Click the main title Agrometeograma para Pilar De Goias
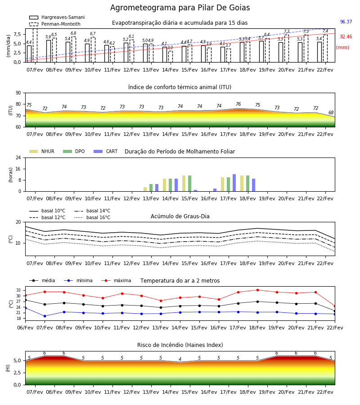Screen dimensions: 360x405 point(180,8)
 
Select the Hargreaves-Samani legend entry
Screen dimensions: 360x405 point(57,17)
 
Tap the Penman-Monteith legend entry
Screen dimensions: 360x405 point(55,24)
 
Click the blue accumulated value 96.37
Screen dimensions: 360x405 point(346,22)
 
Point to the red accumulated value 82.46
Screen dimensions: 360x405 point(346,37)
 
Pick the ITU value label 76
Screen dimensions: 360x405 point(238,104)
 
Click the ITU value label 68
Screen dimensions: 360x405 point(331,112)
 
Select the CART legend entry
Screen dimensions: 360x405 point(106,151)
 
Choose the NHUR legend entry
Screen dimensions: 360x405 point(42,151)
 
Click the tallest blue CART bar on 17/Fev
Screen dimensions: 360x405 point(234,183)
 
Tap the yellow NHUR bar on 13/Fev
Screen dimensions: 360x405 point(145,189)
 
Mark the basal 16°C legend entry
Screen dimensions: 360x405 point(92,217)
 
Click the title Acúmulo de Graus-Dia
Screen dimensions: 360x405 point(180,216)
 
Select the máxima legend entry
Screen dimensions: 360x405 point(116,280)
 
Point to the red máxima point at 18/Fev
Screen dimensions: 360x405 point(257,290)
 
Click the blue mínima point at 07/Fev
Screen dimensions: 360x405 point(45,316)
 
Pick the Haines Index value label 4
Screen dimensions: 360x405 point(180,359)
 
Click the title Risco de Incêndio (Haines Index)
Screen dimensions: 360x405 point(180,345)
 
